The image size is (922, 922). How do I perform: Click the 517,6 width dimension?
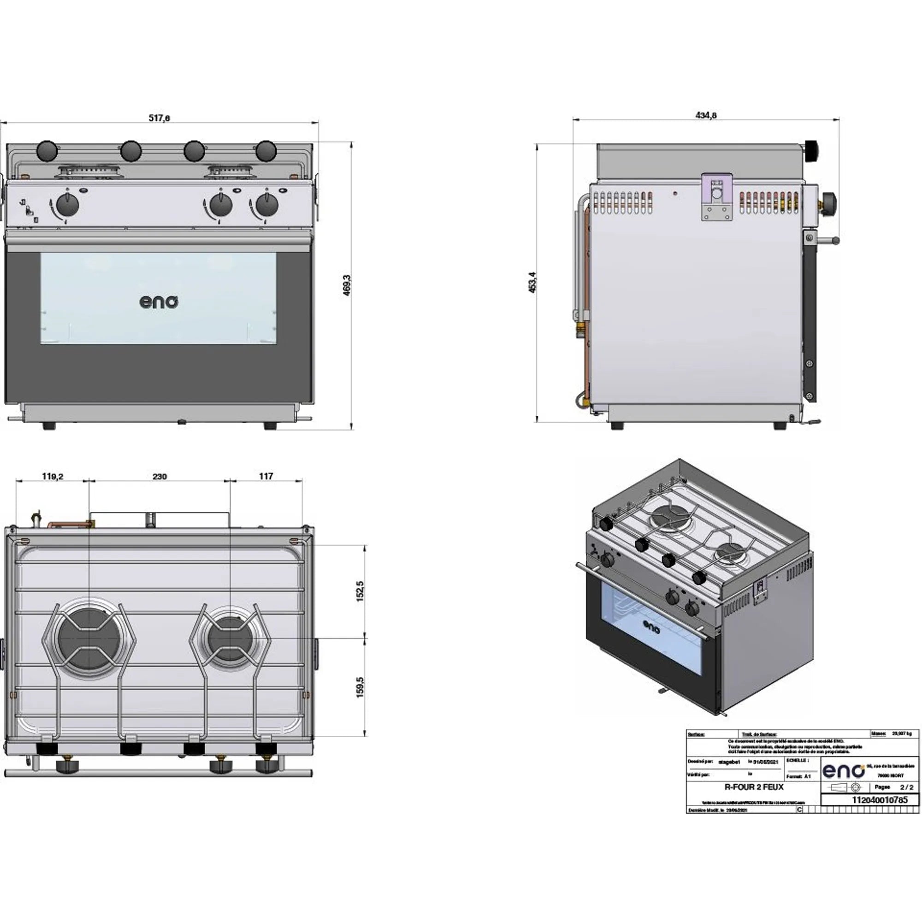click(159, 118)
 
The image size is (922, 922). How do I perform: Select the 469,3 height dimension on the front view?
click(347, 285)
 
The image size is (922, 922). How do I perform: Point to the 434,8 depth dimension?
click(706, 116)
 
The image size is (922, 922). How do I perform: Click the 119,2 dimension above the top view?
click(53, 476)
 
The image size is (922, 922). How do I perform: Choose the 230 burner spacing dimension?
click(160, 476)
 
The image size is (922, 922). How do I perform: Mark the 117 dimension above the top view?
click(266, 476)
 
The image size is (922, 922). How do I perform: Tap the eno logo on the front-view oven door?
click(159, 302)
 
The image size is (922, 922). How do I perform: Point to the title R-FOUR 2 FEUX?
click(754, 787)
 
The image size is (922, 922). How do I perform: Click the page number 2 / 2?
click(906, 787)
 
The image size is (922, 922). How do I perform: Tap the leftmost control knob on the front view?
click(67, 206)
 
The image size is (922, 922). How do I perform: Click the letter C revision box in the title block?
click(800, 810)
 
